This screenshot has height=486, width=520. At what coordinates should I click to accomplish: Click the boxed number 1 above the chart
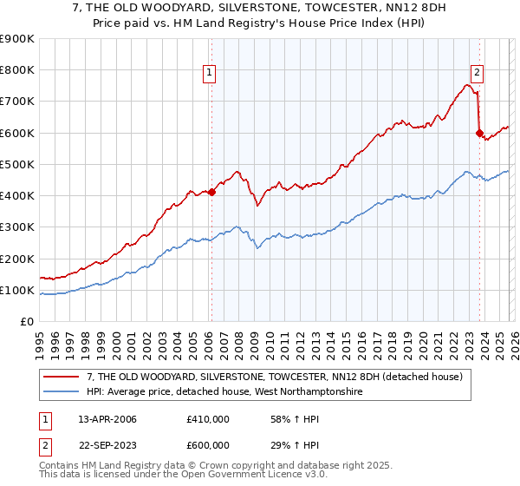[210, 73]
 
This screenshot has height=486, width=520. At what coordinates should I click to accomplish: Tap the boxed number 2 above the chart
[477, 73]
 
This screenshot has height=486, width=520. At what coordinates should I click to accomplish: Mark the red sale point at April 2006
[211, 193]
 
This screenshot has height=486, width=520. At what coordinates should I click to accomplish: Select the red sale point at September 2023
[479, 133]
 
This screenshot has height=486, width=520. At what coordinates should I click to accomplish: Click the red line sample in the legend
[62, 377]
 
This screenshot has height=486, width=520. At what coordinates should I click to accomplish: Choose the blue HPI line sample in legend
[62, 391]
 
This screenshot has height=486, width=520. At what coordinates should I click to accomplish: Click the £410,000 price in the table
[207, 419]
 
